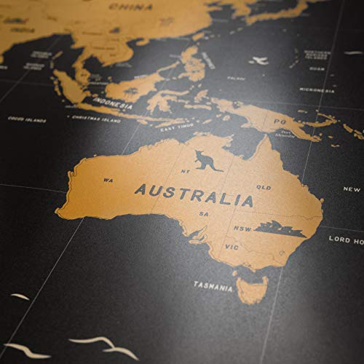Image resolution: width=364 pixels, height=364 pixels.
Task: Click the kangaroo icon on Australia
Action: [207, 160]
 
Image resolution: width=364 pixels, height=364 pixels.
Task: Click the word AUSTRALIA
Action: [194, 194]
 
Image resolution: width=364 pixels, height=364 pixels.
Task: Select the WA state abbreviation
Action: [108, 179]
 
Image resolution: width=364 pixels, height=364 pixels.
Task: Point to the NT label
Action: [184, 172]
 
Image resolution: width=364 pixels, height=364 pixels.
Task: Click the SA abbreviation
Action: [205, 213]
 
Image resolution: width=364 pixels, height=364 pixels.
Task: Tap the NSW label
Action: [242, 229]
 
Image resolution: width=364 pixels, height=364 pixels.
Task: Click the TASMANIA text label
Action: [213, 286]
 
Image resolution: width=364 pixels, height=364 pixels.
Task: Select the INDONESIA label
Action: [113, 103]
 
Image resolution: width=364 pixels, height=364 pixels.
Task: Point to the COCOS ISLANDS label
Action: [23, 118]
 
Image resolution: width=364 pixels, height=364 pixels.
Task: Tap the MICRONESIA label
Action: [317, 90]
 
